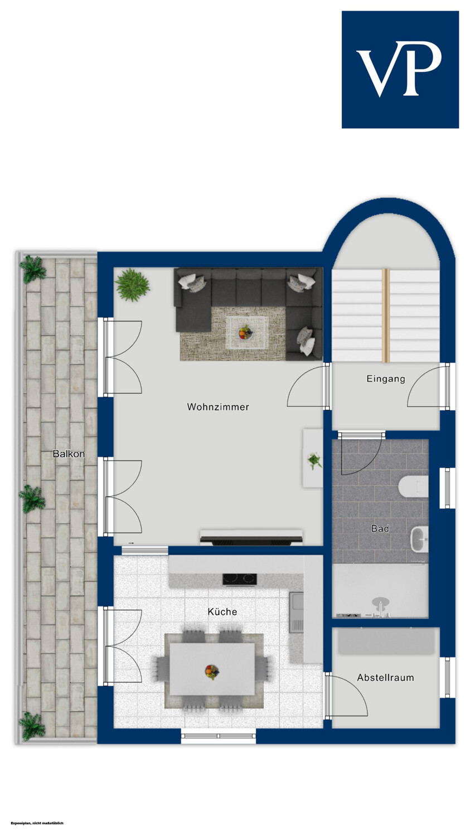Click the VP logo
(400, 70)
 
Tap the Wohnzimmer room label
(218, 407)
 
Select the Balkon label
(69, 454)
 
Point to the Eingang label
(386, 379)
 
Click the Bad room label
(380, 528)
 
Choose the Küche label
(222, 612)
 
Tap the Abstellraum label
(386, 677)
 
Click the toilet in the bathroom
(413, 487)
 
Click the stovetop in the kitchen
(240, 579)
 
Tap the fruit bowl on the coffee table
(245, 332)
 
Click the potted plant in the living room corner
(132, 285)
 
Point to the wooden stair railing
(386, 315)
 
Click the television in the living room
(251, 538)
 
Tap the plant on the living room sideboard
(313, 460)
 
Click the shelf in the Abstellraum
(386, 641)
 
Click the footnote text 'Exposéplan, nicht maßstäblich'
(37, 823)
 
